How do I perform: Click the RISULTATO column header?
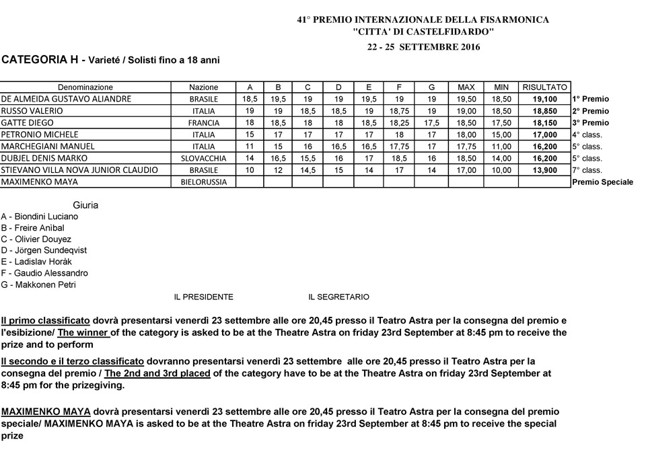click(544, 87)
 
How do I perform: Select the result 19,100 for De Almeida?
click(544, 99)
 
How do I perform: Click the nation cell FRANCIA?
click(203, 123)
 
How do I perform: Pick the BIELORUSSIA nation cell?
click(203, 182)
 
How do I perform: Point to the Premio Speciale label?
click(602, 182)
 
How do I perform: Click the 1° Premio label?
click(590, 99)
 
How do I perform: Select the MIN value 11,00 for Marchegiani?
click(501, 147)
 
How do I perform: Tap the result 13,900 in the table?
click(544, 170)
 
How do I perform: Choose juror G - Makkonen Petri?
click(38, 285)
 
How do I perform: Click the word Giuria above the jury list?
click(85, 204)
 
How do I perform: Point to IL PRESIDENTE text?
click(204, 297)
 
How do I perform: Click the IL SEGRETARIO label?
click(338, 297)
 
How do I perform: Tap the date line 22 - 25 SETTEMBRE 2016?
click(423, 47)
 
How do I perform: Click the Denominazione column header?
click(85, 87)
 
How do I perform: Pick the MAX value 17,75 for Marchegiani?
click(466, 147)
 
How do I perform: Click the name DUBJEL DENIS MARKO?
click(40, 159)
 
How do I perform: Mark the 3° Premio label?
click(590, 123)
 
